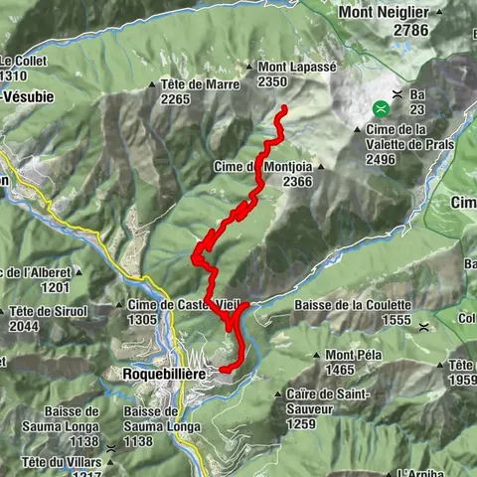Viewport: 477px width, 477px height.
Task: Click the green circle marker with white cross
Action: pos(381,108)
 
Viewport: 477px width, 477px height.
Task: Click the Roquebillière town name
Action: pos(163,373)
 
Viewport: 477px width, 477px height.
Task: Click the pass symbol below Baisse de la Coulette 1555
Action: pos(423,326)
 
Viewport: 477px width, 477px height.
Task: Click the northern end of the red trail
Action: pos(284,107)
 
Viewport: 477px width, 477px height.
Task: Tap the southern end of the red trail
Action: pos(222,370)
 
